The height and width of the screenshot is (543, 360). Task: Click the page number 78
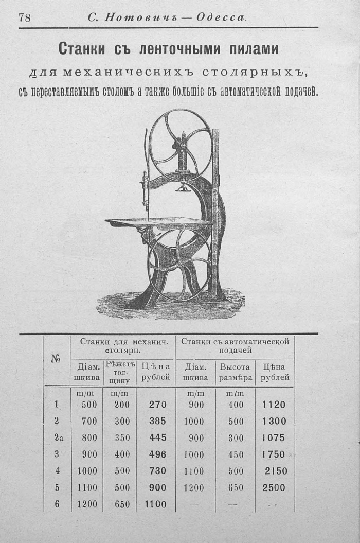[x=25, y=17]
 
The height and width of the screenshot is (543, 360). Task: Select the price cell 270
[x=158, y=405]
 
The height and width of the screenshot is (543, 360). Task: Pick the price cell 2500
[x=274, y=487]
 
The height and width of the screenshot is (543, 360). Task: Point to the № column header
[x=57, y=359]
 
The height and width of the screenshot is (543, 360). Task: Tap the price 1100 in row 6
[x=155, y=504]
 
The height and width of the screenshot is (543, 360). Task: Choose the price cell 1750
[x=274, y=454]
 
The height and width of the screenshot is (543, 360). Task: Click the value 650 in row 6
[x=122, y=504]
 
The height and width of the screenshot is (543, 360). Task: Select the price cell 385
[x=158, y=421]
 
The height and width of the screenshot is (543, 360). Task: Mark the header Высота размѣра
[x=235, y=372]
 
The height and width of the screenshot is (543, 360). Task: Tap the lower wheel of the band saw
[x=179, y=265]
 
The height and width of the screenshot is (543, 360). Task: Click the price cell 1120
[x=274, y=405]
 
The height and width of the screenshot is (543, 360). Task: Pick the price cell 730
[x=158, y=470]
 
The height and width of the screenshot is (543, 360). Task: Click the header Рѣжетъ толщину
[x=119, y=372]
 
